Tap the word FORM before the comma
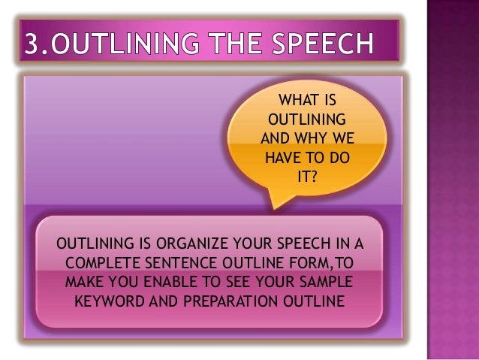click(x=300, y=265)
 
